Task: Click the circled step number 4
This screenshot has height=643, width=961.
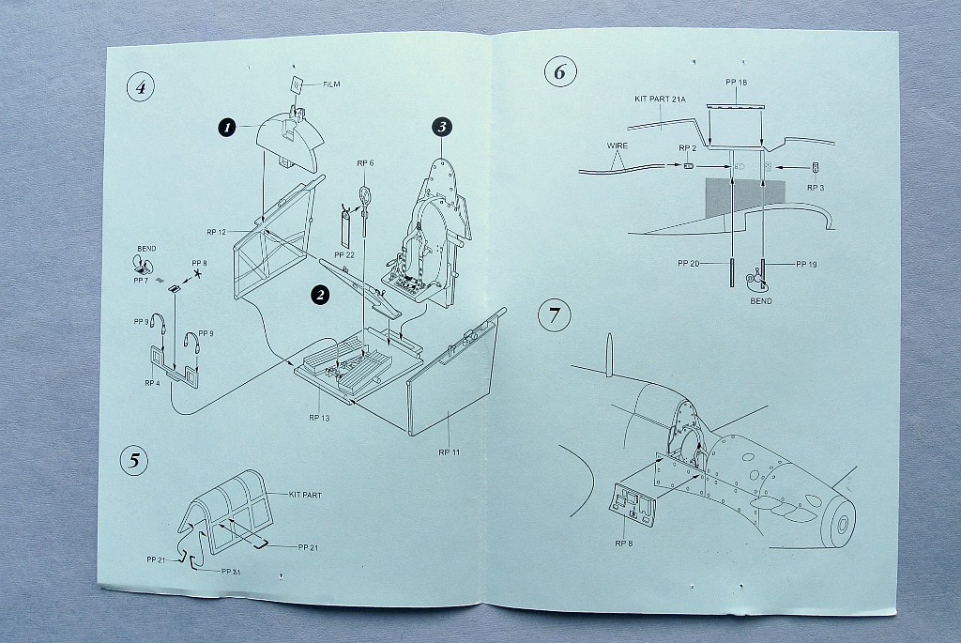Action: coord(140,88)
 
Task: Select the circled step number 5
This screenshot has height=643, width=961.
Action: coord(134,460)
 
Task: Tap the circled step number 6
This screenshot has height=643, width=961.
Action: coord(559,71)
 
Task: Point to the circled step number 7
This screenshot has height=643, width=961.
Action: coord(554,315)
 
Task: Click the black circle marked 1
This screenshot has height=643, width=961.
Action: coord(226,126)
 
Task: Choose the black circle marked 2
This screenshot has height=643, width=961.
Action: coord(320,295)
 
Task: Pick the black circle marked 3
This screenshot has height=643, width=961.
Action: coord(443,127)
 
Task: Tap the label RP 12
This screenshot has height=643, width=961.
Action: coord(217,232)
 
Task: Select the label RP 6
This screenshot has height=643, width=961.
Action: coord(365,162)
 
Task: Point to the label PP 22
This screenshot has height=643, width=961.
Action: coord(343,253)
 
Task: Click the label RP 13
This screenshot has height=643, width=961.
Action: coord(319,417)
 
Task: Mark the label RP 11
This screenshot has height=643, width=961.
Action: coord(449,452)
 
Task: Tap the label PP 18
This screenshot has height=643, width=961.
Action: coord(736,83)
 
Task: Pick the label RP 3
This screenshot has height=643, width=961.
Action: coord(816,188)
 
